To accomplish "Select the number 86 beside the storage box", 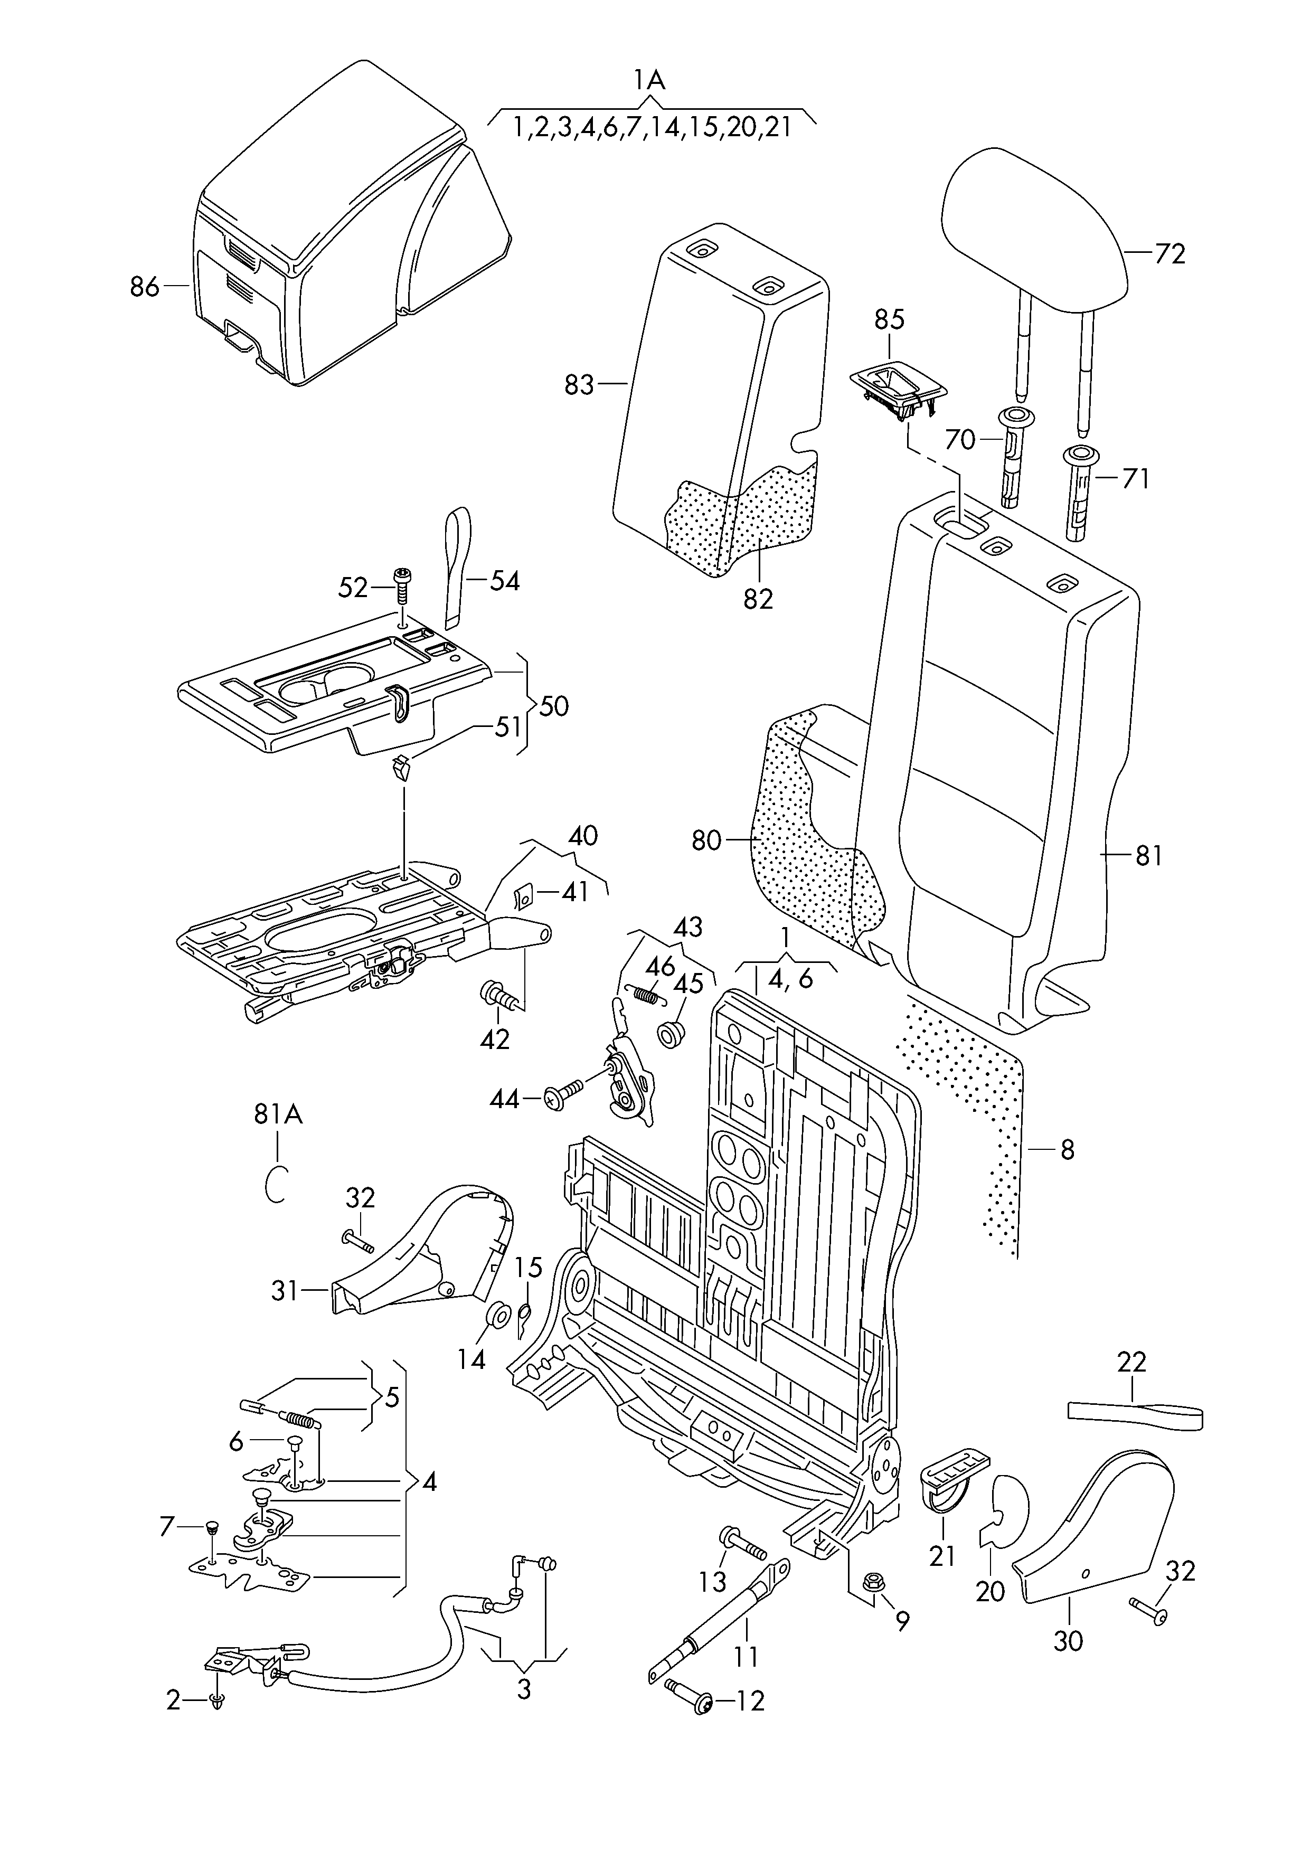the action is click(145, 287).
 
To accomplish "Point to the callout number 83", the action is click(579, 385).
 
